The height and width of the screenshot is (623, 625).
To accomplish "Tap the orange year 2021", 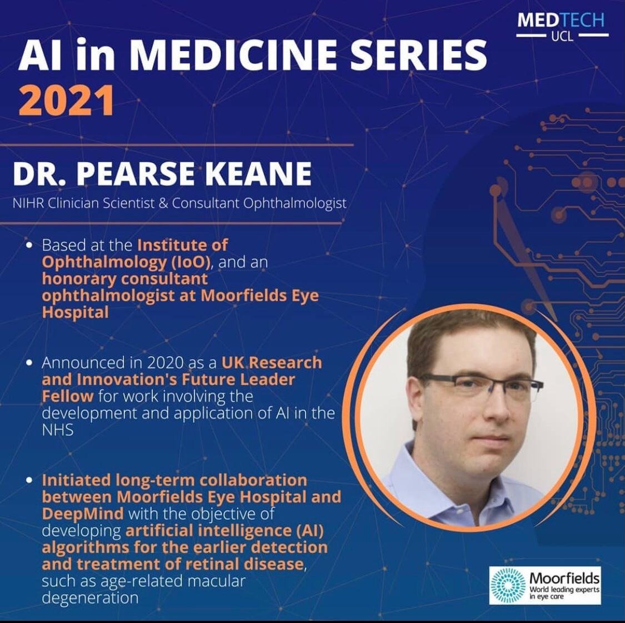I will pos(66,101).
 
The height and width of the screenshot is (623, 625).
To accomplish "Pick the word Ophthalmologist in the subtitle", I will pos(294,203).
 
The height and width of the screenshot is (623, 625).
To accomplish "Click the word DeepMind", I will pos(83,514).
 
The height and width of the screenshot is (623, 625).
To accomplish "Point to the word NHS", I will pos(58,430).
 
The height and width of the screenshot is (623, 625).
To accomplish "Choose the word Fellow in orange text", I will pos(68,396).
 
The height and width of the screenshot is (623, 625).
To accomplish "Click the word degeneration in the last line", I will pos(90,598).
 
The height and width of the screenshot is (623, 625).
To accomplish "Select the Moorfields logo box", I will pos(545,585).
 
